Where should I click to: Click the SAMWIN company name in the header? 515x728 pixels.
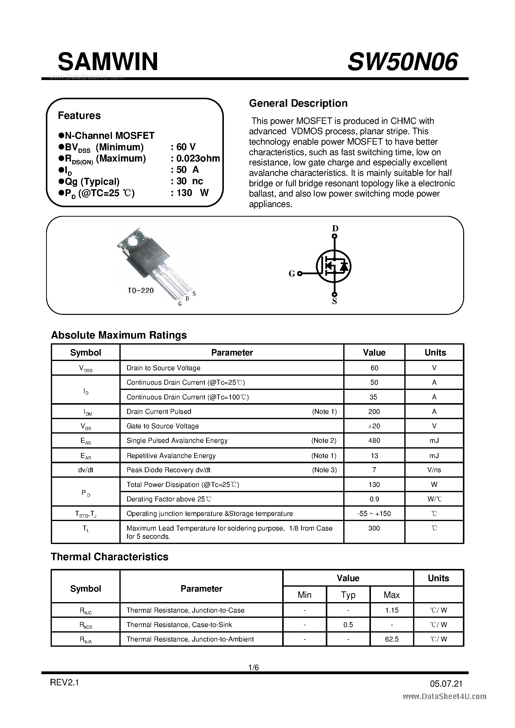pos(108,62)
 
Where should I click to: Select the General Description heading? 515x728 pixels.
pos(298,103)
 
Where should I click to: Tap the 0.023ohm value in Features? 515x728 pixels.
pos(198,158)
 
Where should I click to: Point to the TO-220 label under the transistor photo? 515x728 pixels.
pos(141,290)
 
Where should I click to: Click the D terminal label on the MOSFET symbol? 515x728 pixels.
pos(335,228)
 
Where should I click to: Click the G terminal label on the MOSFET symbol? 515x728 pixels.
pos(292,274)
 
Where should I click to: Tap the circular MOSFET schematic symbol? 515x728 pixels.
pos(334,266)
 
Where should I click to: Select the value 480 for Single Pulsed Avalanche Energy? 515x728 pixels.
pos(374,440)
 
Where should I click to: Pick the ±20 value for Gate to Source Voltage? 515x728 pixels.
pos(374,426)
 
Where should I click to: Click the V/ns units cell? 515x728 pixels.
pos(434,470)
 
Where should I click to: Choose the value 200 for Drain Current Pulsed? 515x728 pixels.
pos(374,412)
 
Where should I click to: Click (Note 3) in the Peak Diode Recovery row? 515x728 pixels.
pos(324,470)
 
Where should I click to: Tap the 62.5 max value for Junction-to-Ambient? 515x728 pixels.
pos(392,639)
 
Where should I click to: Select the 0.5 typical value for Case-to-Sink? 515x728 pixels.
pos(348,625)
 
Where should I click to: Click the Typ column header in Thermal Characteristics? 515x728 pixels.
pos(348,595)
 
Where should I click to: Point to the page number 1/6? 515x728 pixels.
pos(254,668)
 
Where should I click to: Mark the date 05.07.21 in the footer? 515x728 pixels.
pos(446,684)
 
